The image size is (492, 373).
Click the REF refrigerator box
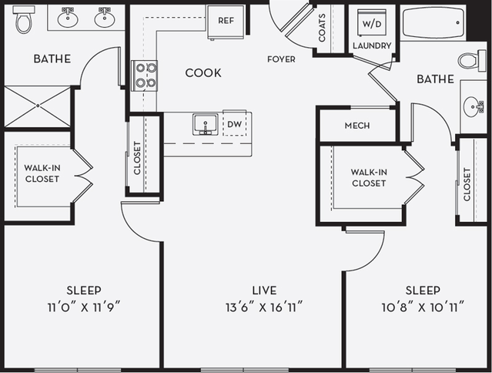click(x=226, y=21)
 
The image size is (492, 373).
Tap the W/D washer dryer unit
click(x=371, y=23)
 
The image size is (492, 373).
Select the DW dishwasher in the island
click(x=234, y=124)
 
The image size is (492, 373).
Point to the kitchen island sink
click(x=204, y=124)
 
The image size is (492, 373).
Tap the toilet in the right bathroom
click(x=469, y=60)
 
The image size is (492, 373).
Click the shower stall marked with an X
click(x=37, y=106)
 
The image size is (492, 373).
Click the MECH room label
click(x=356, y=126)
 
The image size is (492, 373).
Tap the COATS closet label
click(x=322, y=30)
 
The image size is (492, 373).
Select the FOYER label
click(x=281, y=59)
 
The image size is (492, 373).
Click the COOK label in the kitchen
click(x=203, y=73)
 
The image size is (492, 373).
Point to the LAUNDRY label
click(x=372, y=46)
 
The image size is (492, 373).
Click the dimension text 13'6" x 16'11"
click(x=265, y=306)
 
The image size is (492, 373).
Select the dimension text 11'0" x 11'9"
click(x=83, y=306)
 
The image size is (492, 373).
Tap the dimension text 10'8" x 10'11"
click(x=423, y=306)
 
